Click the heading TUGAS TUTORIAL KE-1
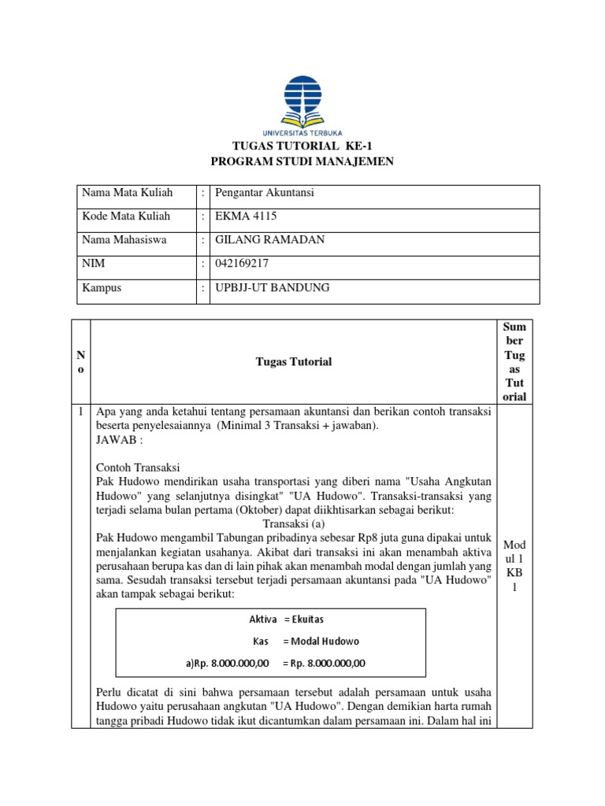pos(302,146)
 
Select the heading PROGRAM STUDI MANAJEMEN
pos(302,162)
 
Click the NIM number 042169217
pos(243,264)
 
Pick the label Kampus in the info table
pos(102,288)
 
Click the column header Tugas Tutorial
pos(294,362)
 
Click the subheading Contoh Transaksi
pos(138,468)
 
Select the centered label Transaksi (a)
pos(294,523)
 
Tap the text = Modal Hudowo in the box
pos(315,641)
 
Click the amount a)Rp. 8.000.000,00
pos(228,663)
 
